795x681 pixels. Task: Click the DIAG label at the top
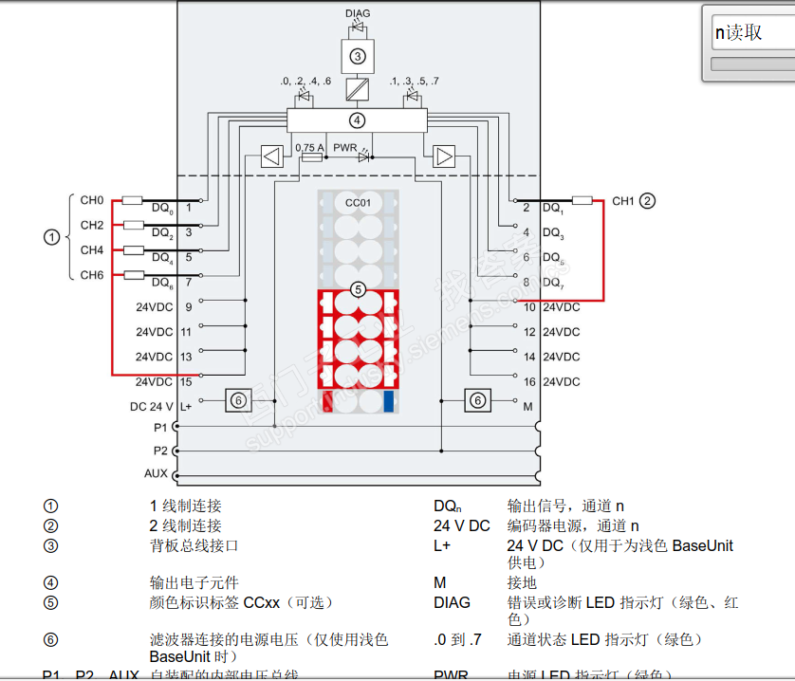pyautogui.click(x=358, y=13)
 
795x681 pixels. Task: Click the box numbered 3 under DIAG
pyautogui.click(x=358, y=56)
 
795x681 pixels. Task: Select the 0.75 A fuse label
pyautogui.click(x=310, y=147)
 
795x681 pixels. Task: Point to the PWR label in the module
pyautogui.click(x=344, y=147)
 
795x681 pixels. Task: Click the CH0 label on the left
pyautogui.click(x=91, y=200)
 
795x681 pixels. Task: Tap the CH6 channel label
pyautogui.click(x=91, y=275)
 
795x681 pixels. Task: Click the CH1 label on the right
pyautogui.click(x=622, y=201)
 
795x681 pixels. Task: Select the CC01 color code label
pyautogui.click(x=358, y=203)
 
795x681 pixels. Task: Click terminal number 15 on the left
pyautogui.click(x=186, y=381)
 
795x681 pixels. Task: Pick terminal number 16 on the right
pyautogui.click(x=529, y=381)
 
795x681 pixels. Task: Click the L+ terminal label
pyautogui.click(x=186, y=405)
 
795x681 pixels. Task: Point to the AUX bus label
pyautogui.click(x=155, y=472)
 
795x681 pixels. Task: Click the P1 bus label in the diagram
pyautogui.click(x=160, y=428)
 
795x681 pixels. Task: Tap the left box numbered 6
pyautogui.click(x=238, y=401)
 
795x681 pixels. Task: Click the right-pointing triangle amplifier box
pyautogui.click(x=444, y=156)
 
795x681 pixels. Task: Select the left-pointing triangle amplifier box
pyautogui.click(x=271, y=156)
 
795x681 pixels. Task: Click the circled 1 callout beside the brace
pyautogui.click(x=51, y=237)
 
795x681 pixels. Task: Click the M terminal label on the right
pyautogui.click(x=528, y=405)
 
